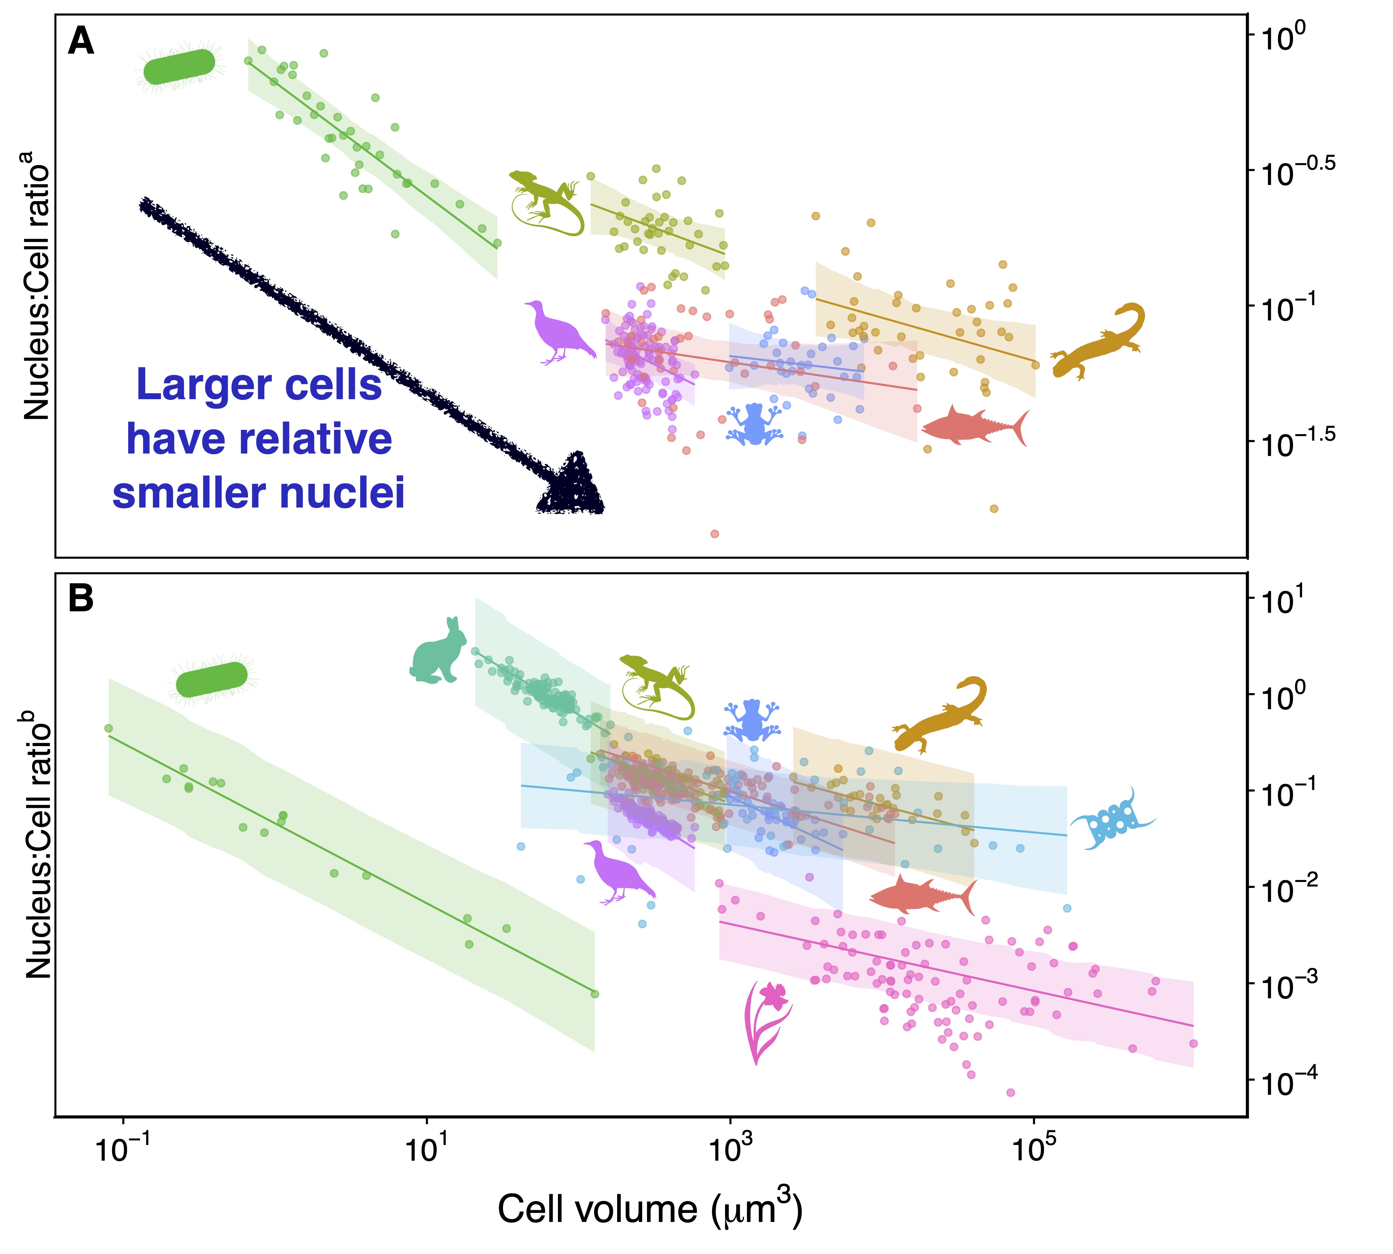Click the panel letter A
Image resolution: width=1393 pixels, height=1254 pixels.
pos(80,42)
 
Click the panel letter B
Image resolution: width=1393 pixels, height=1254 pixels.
pos(80,599)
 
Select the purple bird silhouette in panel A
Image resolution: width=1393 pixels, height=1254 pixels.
pos(559,331)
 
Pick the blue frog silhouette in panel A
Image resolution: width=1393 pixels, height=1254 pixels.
pos(754,424)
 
